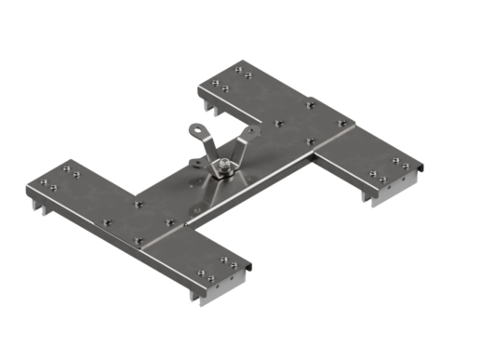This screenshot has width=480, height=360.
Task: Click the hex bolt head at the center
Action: point(225,168)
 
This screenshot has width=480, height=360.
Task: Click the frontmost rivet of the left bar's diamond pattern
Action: point(138,240)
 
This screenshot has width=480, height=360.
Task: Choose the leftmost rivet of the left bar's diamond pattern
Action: point(107,221)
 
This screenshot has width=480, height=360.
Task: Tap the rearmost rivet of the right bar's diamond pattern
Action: point(311,102)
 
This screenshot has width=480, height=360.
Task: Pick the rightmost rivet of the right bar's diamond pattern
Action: point(341,122)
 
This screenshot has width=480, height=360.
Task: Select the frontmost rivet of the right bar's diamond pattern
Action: point(312,141)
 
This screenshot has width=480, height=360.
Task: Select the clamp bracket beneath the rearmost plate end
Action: point(213,108)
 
